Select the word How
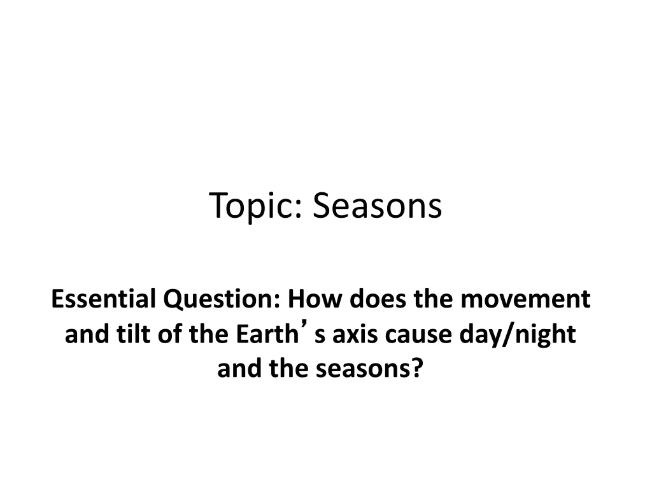click(x=312, y=299)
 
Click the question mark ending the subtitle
click(x=428, y=369)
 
